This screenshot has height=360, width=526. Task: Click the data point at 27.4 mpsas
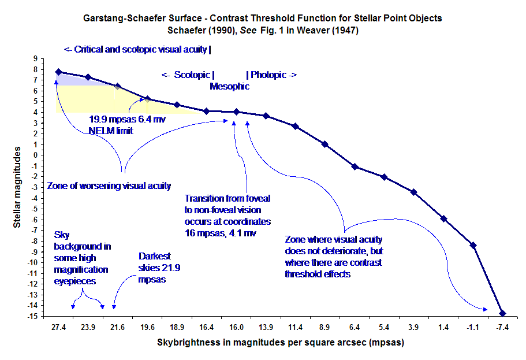[x=58, y=72]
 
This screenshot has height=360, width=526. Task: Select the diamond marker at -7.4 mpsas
[x=502, y=313]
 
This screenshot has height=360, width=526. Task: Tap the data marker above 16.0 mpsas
[x=236, y=112]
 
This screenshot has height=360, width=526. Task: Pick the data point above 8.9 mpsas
[x=324, y=144]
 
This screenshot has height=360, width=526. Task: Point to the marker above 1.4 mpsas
[x=443, y=218]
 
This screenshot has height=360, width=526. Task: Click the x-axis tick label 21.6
[x=117, y=327]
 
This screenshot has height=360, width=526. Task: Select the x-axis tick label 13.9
[x=266, y=327]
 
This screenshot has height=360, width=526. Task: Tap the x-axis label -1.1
[x=473, y=327]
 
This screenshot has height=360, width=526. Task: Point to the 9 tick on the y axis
[x=35, y=58]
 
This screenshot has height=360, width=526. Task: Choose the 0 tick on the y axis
[x=35, y=155]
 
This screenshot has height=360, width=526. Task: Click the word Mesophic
[x=229, y=87]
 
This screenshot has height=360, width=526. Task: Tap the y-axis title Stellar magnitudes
[x=18, y=186]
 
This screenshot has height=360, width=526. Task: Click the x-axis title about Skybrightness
[x=280, y=343]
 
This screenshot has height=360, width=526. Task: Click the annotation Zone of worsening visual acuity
[x=109, y=186]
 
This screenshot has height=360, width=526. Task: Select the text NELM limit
[x=111, y=131]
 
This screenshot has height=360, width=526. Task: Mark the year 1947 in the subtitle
[x=345, y=31]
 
